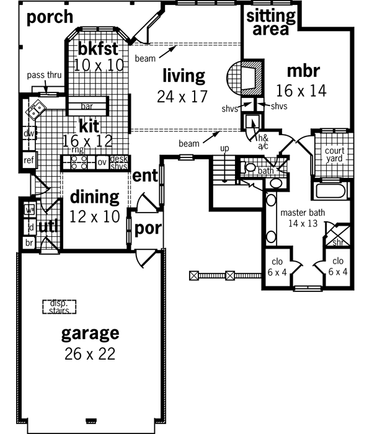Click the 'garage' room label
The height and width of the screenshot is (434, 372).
pyautogui.click(x=90, y=333)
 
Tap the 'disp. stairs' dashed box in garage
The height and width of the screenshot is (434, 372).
pyautogui.click(x=59, y=307)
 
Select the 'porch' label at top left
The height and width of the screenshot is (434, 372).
pyautogui.click(x=50, y=17)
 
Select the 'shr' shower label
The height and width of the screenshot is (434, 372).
pyautogui.click(x=339, y=242)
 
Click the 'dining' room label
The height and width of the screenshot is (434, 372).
pyautogui.click(x=94, y=197)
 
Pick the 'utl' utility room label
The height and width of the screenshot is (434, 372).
pyautogui.click(x=48, y=227)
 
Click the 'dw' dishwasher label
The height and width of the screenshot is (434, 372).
pyautogui.click(x=29, y=133)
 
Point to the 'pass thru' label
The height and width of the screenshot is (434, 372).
pyautogui.click(x=43, y=76)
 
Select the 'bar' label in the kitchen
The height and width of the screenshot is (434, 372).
pyautogui.click(x=87, y=106)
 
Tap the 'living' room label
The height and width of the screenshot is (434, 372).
pyautogui.click(x=184, y=76)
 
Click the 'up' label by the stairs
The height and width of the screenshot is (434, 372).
pyautogui.click(x=225, y=149)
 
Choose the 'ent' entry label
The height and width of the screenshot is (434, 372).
pyautogui.click(x=145, y=176)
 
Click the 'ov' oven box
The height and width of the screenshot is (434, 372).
pyautogui.click(x=102, y=162)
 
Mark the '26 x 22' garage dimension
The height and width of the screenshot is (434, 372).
pyautogui.click(x=90, y=354)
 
